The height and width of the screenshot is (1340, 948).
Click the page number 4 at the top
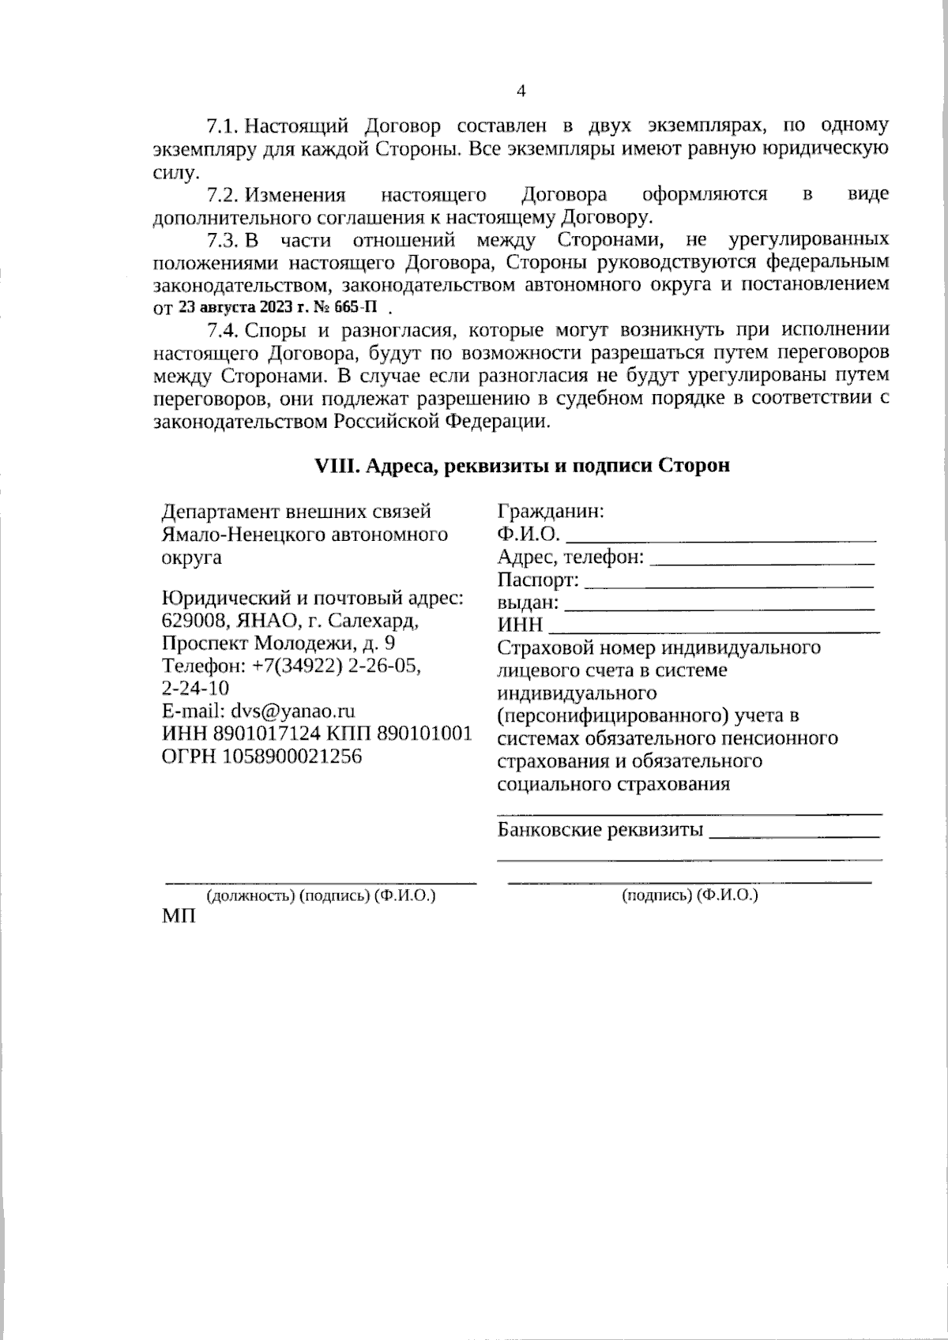[x=521, y=91]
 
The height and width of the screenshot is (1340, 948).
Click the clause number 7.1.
[x=222, y=126]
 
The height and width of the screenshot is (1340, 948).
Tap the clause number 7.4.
[x=222, y=329]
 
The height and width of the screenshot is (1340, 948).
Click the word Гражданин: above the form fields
[x=551, y=511]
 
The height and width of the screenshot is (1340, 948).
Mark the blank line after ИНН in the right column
[x=714, y=631]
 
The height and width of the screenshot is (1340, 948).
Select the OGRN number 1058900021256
[x=292, y=756]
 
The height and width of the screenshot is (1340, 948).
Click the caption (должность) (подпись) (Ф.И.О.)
[x=321, y=895]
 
